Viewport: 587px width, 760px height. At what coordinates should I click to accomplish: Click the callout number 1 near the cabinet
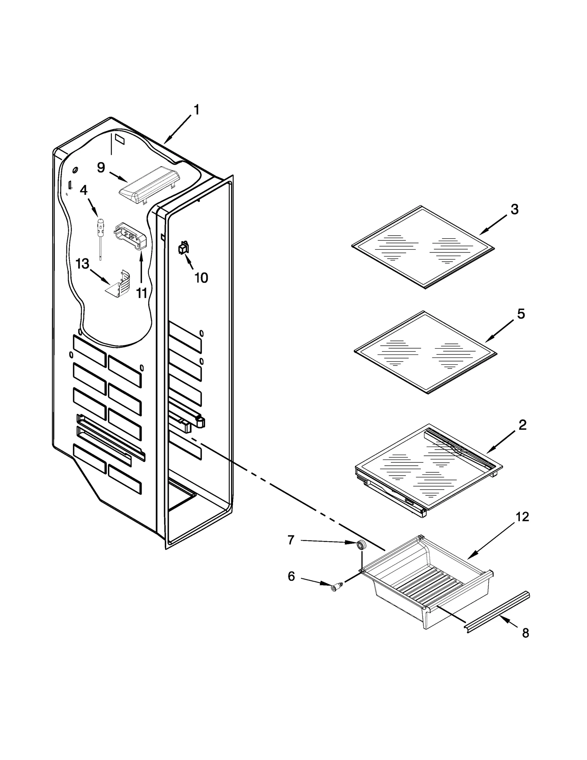197,110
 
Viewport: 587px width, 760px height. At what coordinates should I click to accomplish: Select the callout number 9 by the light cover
101,168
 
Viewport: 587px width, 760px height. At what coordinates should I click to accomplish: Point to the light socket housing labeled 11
130,237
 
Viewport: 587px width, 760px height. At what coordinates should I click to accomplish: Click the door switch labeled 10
183,248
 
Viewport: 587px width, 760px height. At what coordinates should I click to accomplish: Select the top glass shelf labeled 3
423,246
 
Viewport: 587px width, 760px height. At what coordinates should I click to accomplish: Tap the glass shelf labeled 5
425,352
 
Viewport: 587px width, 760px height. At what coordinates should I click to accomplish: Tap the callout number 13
82,263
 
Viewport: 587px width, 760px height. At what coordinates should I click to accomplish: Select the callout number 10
201,278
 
